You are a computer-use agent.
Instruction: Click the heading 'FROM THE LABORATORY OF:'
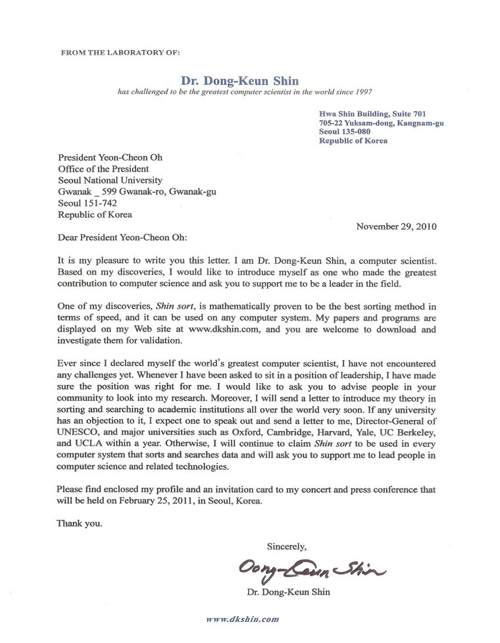pos(119,51)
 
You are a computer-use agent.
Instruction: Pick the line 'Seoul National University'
pos(110,180)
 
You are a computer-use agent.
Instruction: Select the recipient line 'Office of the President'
pos(103,169)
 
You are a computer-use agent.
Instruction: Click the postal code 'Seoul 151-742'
pos(87,203)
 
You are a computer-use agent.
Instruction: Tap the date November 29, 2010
pos(396,226)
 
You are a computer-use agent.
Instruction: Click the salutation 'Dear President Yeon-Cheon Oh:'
pos(126,238)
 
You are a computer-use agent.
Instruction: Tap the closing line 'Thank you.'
pos(80,524)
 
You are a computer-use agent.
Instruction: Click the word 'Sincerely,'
pos(286,546)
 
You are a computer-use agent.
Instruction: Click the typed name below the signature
pos(288,592)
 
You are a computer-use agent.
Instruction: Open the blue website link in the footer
pos(242,619)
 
